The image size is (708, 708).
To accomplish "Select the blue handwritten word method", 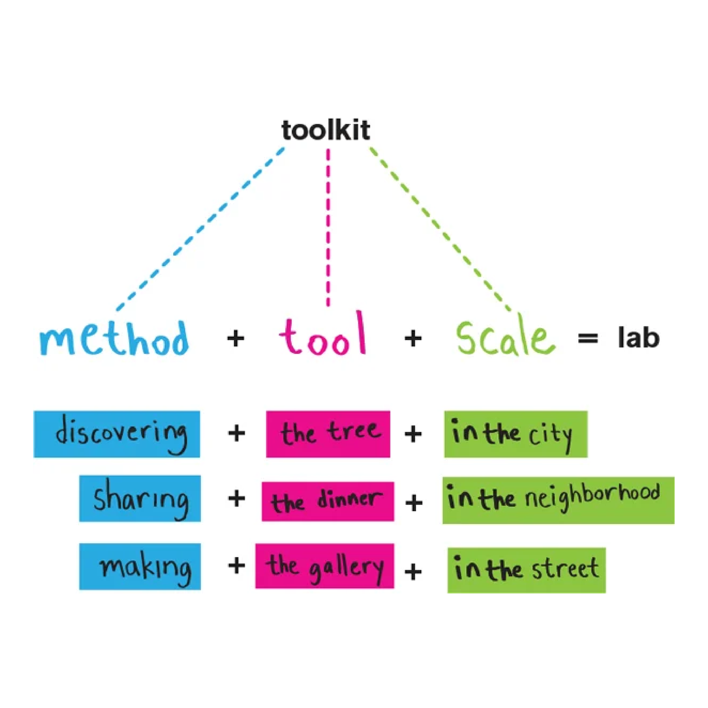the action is pyautogui.click(x=114, y=339).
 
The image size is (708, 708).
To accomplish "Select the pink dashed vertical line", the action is pyautogui.click(x=328, y=227).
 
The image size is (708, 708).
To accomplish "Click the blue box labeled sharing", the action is pyautogui.click(x=140, y=498).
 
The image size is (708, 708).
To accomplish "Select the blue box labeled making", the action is pyautogui.click(x=140, y=567).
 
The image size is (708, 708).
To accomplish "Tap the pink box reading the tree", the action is pyautogui.click(x=328, y=434).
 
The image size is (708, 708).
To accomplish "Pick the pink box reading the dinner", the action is pyautogui.click(x=328, y=501).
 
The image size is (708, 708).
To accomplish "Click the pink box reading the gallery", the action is pyautogui.click(x=325, y=566).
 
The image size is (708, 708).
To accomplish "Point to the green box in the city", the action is pyautogui.click(x=516, y=434).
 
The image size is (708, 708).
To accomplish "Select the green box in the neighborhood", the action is pyautogui.click(x=558, y=500).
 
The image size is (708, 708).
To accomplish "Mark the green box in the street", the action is pyautogui.click(x=526, y=570).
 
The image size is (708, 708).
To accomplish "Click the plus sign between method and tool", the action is pyautogui.click(x=236, y=338).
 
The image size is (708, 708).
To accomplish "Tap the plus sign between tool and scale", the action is pyautogui.click(x=413, y=338).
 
